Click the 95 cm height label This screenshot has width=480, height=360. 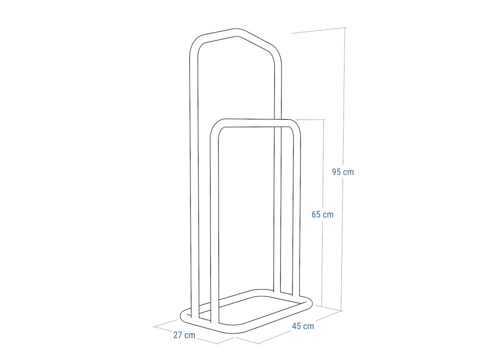pyautogui.click(x=343, y=172)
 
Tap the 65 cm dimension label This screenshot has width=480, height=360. pyautogui.click(x=322, y=215)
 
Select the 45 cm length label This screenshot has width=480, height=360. pyautogui.click(x=303, y=326)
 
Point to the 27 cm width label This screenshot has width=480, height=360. pyautogui.click(x=184, y=335)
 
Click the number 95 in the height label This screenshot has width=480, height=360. pyautogui.click(x=336, y=172)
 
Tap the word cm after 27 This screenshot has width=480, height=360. pyautogui.click(x=190, y=335)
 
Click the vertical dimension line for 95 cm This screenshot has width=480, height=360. pyautogui.click(x=344, y=117)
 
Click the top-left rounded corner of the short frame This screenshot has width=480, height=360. pyautogui.click(x=216, y=128)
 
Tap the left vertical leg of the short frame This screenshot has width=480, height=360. pyautogui.click(x=215, y=225)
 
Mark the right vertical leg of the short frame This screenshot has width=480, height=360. pyautogui.click(x=297, y=211)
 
